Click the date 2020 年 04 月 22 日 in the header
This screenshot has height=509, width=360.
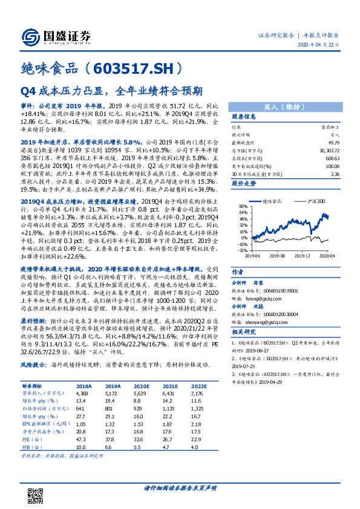[x=319, y=46]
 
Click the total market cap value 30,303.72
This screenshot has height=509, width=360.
[x=328, y=149]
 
